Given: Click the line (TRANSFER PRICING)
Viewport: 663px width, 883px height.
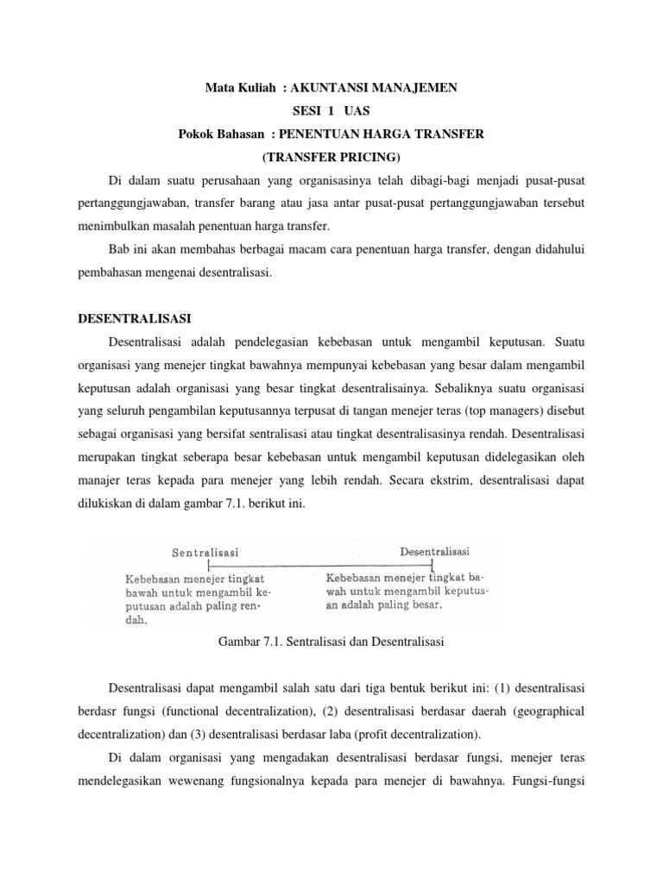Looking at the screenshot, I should [x=331, y=158].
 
